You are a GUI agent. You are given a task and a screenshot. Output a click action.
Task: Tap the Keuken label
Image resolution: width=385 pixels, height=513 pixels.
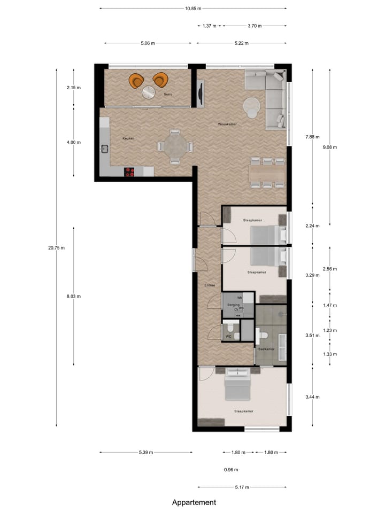click(128, 138)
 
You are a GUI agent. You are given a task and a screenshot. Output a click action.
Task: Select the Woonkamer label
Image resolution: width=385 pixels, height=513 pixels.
click(227, 124)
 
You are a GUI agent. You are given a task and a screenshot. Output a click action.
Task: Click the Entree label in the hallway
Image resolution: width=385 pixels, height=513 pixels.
click(210, 285)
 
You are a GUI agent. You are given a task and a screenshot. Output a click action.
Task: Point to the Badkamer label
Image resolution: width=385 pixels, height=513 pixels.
click(266, 349)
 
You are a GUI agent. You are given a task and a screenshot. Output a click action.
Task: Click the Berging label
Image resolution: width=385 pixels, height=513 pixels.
click(233, 305)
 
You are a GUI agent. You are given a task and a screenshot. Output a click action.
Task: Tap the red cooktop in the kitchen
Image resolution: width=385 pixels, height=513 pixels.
click(129, 172)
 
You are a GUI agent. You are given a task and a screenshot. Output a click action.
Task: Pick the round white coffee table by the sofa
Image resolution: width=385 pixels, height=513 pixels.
click(251, 107)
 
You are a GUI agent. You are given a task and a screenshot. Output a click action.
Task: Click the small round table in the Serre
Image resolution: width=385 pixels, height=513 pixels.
click(149, 92)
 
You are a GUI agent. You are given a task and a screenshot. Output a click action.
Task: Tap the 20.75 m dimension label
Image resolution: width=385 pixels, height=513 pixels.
click(56, 247)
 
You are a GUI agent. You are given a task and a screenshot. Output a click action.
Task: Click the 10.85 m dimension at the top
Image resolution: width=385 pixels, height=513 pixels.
click(193, 9)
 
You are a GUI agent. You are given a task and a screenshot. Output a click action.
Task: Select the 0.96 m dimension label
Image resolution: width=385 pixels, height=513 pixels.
click(231, 470)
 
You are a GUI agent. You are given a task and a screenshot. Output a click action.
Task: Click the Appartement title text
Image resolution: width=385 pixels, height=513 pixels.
click(194, 502)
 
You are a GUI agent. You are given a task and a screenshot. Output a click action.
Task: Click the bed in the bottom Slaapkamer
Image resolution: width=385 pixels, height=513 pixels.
click(237, 386)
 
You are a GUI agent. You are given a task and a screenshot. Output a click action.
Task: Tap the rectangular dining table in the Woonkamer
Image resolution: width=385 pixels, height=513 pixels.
click(267, 173)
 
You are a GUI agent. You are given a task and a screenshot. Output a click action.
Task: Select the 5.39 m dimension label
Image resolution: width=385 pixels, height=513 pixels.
click(146, 452)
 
